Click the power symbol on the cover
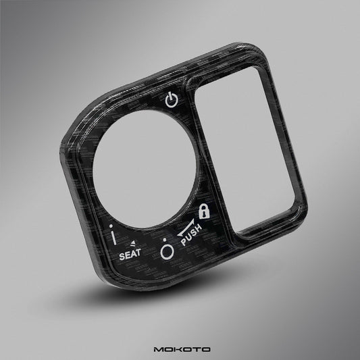click(x=172, y=100)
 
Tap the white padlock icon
click(x=204, y=211)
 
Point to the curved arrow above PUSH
click(x=186, y=229)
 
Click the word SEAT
click(x=130, y=255)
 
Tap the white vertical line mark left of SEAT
click(x=114, y=238)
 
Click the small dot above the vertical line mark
click(x=111, y=226)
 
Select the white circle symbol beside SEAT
click(x=167, y=253)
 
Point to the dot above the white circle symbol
click(x=165, y=240)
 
